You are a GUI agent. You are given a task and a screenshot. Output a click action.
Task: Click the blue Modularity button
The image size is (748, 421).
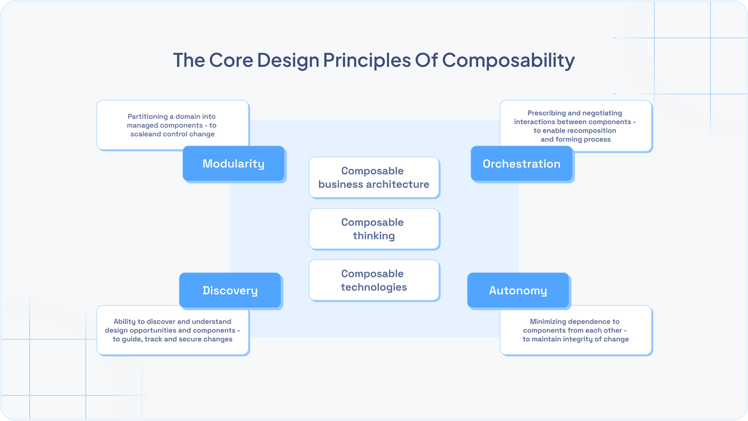coord(233,164)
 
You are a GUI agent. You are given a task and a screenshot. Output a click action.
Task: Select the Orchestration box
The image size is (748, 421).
coord(521,164)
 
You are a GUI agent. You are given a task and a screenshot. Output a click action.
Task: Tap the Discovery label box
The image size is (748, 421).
coord(230,290)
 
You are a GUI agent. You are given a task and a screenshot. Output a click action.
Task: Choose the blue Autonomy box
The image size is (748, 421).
coord(518,290)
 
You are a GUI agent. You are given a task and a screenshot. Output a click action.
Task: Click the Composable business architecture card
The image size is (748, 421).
coord(374,177)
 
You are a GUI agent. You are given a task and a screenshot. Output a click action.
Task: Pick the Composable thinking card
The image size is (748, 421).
coord(374,229)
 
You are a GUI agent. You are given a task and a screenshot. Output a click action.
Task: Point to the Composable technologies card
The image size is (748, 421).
coord(374,280)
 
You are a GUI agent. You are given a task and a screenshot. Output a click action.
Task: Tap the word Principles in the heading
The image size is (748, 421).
coord(367,60)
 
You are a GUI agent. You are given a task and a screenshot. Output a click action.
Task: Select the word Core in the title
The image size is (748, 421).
coord(231,60)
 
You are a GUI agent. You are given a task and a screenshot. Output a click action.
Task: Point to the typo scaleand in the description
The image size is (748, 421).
coord(146,134)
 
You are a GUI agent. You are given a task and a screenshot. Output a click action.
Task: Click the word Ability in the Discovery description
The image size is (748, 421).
coord(125,322)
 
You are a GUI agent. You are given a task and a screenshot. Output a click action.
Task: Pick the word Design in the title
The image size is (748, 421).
coord(288,60)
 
